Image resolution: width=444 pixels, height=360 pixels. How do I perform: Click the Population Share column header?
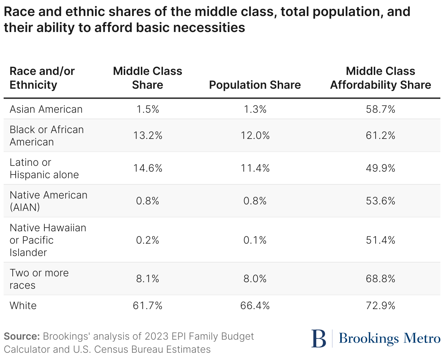pyautogui.click(x=255, y=85)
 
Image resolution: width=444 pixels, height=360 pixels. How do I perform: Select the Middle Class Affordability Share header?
pyautogui.click(x=380, y=78)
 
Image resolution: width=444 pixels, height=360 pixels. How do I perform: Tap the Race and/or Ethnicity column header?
pyautogui.click(x=42, y=78)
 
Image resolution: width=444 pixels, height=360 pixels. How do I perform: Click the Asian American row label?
pyautogui.click(x=46, y=109)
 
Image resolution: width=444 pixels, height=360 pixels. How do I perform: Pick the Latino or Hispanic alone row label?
pyautogui.click(x=44, y=168)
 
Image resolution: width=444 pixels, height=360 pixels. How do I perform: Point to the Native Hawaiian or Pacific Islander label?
pyautogui.click(x=48, y=240)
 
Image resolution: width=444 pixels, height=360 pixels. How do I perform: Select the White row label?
pyautogui.click(x=23, y=305)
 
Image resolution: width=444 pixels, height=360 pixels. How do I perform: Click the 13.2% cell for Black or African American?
pyautogui.click(x=147, y=135)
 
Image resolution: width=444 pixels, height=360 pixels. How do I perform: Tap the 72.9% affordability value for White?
pyautogui.click(x=380, y=305)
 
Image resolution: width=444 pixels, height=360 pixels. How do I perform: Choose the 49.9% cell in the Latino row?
pyautogui.click(x=380, y=168)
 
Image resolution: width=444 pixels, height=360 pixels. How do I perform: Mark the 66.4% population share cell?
pyautogui.click(x=255, y=305)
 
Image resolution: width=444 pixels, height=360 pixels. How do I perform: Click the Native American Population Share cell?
pyautogui.click(x=255, y=201)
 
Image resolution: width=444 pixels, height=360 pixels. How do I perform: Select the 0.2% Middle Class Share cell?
pyautogui.click(x=147, y=240)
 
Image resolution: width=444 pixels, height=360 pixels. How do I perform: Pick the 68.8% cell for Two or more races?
pyautogui.click(x=380, y=279)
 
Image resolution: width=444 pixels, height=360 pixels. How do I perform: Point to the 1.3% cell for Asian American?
pyautogui.click(x=255, y=109)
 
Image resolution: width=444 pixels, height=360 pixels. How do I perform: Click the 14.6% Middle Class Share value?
pyautogui.click(x=147, y=168)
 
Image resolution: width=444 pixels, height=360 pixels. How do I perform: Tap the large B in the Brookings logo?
pyautogui.click(x=319, y=339)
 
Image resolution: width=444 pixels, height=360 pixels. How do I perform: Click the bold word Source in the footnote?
pyautogui.click(x=22, y=336)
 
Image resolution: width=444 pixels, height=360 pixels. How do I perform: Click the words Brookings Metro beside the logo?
pyautogui.click(x=389, y=339)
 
